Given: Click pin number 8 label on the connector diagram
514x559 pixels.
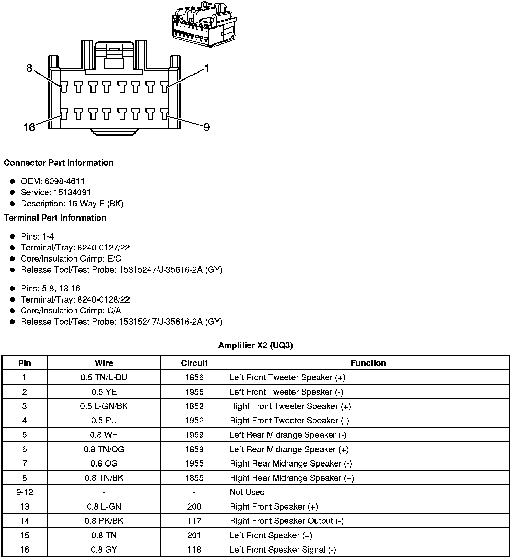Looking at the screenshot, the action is click(29, 69).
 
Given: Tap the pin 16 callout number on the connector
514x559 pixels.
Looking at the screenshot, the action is click(29, 127).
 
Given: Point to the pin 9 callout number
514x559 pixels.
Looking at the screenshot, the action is click(207, 127).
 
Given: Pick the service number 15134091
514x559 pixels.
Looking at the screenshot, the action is click(72, 192).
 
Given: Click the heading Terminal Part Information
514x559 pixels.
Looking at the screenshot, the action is click(55, 218).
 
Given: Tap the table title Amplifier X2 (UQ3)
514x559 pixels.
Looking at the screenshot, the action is click(255, 345).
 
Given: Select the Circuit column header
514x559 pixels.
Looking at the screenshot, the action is click(194, 363).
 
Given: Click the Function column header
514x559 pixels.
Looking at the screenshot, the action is click(368, 363).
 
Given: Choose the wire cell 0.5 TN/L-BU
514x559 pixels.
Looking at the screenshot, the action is click(104, 377).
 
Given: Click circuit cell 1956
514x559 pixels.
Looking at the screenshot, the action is click(194, 392).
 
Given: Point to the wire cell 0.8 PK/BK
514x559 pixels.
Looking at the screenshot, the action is click(104, 521).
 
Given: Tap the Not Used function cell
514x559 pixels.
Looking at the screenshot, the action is click(247, 492).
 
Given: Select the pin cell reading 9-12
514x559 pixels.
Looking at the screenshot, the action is click(25, 492).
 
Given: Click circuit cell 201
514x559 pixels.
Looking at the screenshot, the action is click(194, 535).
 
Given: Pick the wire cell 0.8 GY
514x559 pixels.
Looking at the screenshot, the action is click(104, 550).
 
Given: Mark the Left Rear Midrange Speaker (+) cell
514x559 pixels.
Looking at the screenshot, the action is click(289, 449).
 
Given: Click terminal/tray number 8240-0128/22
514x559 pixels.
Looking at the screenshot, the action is click(103, 299).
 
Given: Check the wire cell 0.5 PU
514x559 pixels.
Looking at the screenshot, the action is click(104, 420).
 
